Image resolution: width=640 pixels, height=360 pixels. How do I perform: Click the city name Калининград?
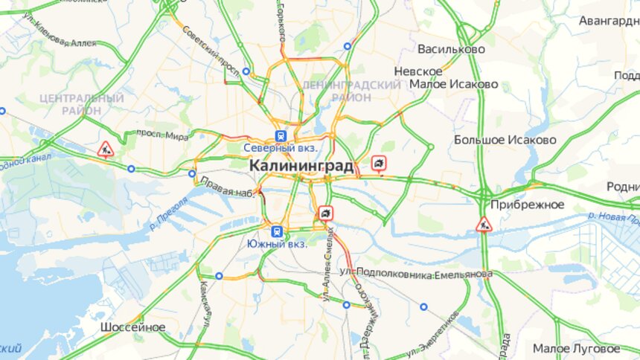(301, 165)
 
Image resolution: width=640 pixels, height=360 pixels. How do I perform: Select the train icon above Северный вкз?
(281, 135)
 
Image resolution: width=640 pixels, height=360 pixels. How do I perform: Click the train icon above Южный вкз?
(277, 231)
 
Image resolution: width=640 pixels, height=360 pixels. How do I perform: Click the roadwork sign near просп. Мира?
(106, 150)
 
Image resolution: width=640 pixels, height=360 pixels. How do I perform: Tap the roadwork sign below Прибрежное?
(484, 223)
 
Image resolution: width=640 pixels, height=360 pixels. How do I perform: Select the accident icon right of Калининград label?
(380, 163)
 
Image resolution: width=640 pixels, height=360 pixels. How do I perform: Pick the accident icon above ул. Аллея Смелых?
(325, 213)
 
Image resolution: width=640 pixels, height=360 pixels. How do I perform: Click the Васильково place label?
(451, 49)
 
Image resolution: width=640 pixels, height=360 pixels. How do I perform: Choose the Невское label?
(418, 71)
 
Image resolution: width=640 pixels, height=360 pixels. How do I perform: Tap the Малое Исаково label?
(464, 84)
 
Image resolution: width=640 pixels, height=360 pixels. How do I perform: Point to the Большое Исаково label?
(505, 139)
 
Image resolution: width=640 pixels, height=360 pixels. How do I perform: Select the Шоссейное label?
(133, 327)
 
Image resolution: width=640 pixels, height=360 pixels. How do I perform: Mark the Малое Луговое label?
(575, 348)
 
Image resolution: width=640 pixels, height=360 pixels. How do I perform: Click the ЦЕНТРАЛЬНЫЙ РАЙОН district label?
(82, 104)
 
